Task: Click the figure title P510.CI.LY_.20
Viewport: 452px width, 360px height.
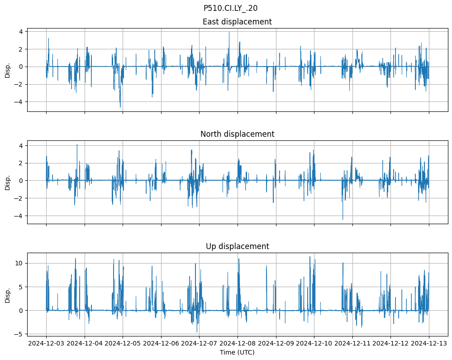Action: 230,8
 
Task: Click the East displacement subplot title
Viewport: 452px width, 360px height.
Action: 237,22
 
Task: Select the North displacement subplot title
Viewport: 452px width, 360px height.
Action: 237,134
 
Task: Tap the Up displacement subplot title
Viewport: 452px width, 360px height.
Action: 237,246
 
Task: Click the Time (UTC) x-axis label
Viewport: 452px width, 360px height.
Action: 237,352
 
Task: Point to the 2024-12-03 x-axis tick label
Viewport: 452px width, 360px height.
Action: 46,344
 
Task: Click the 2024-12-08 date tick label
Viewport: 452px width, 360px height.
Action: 238,344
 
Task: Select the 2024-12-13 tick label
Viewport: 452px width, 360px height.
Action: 429,344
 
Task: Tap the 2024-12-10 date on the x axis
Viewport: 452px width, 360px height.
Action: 314,344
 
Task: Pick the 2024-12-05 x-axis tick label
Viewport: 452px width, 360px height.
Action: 123,344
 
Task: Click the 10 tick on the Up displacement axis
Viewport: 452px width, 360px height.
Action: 20,263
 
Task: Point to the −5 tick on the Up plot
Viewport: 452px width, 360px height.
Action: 19,334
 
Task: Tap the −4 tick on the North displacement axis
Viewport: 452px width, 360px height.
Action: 20,216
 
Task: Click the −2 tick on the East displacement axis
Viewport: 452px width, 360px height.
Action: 20,84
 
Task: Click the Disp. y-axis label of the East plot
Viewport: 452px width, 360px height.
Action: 8,70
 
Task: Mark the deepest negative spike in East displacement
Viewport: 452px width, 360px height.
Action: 120,107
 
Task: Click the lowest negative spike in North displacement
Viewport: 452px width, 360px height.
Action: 343,220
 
